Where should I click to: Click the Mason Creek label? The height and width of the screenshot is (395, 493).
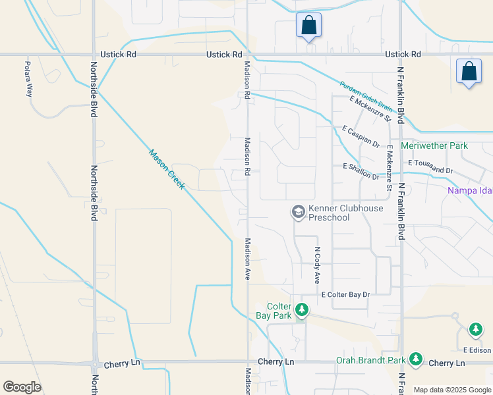click(x=166, y=170)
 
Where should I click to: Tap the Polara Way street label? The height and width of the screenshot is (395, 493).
click(x=28, y=78)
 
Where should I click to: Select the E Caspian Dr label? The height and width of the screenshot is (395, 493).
click(x=361, y=136)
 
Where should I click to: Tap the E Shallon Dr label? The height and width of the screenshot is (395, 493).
click(x=361, y=172)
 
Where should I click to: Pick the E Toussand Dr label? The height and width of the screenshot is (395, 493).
click(x=431, y=166)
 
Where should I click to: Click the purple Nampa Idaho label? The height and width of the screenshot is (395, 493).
click(x=470, y=191)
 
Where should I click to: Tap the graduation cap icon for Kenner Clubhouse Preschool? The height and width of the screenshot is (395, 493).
click(x=298, y=211)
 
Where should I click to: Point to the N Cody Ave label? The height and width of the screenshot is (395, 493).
click(x=317, y=265)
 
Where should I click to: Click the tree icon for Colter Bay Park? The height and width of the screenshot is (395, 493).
click(x=302, y=309)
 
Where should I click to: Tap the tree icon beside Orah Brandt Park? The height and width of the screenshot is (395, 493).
click(x=415, y=359)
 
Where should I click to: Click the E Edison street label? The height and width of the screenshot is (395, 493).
click(x=478, y=350)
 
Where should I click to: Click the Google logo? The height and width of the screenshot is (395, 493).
click(x=22, y=387)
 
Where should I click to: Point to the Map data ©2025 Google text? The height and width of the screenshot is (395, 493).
click(x=451, y=390)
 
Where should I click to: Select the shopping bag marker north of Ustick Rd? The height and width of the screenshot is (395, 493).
click(x=308, y=26)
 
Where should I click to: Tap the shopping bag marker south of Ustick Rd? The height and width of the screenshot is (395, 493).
click(x=469, y=71)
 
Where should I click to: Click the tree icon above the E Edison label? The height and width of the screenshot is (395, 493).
click(x=476, y=329)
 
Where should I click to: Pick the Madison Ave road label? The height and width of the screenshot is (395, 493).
click(x=248, y=259)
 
